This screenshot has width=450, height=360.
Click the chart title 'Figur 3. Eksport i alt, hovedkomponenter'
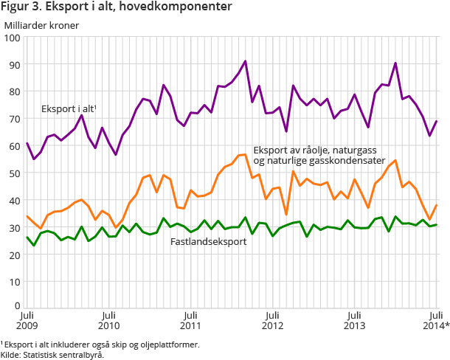click(117, 7)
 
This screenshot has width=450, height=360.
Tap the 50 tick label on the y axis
click(13, 173)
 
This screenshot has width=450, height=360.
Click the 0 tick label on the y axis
click(16, 308)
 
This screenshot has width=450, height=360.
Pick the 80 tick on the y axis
click(13, 91)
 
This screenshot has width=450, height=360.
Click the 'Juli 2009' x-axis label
click(27, 319)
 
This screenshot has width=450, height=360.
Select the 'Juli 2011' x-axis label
click(190, 319)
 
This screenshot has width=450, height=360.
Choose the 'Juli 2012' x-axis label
click(272, 319)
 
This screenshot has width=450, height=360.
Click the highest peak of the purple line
click(245, 61)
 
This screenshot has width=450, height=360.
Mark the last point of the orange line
click(437, 205)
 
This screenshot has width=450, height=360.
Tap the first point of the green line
click(27, 237)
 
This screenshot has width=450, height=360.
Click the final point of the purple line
click(437, 121)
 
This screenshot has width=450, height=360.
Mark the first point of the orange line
click(27, 216)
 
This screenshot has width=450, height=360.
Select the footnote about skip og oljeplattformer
click(100, 344)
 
